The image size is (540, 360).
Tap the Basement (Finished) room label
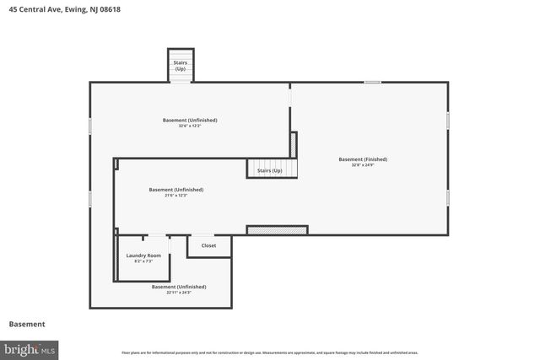coord(363,159)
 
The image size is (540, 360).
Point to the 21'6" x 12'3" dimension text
coord(176,196)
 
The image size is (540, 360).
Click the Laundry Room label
coord(143,255)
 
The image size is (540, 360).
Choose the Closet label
coord(208,245)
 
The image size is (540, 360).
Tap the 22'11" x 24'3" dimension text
coord(179,293)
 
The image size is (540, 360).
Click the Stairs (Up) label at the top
coord(181,65)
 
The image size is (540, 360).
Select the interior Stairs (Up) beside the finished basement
coord(270,169)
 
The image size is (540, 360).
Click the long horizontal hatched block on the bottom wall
coord(277,229)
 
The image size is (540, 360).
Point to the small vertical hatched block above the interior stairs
coord(294,145)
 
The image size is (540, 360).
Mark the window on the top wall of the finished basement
coord(372,82)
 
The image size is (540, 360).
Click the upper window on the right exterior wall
coord(447,121)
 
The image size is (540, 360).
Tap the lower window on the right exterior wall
coord(447,197)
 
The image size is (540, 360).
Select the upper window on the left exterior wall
coord(90,125)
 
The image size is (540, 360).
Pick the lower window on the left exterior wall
coord(90,199)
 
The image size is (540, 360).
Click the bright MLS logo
coord(30,348)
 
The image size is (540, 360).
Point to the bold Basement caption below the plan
coord(27,324)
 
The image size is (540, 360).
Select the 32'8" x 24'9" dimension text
coord(363,165)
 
